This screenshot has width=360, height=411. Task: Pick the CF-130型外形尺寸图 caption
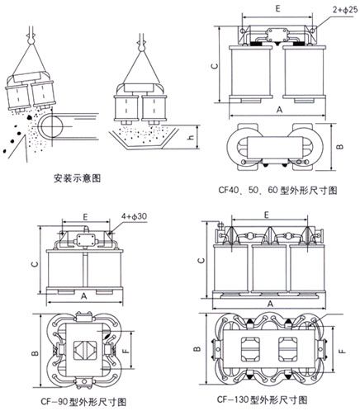click(258, 399)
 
